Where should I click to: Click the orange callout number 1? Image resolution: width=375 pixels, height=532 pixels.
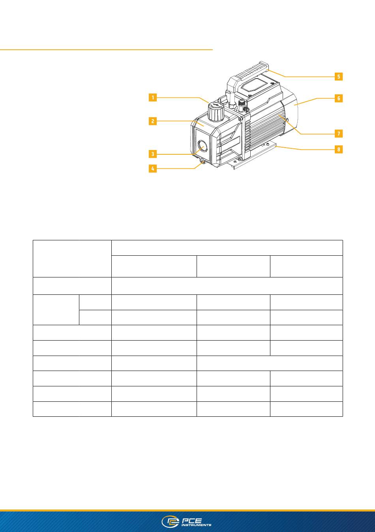(x=153, y=97)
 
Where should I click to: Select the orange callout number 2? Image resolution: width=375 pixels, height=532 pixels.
(x=153, y=121)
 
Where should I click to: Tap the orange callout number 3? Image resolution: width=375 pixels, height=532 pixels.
(x=153, y=154)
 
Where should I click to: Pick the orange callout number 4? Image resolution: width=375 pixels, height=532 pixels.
(x=153, y=169)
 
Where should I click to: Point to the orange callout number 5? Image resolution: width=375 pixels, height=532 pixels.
(x=339, y=77)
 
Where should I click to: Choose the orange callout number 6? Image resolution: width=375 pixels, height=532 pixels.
(x=339, y=98)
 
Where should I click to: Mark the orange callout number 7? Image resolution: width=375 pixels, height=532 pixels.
(x=339, y=133)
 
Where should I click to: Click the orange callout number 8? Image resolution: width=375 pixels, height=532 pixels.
(x=339, y=150)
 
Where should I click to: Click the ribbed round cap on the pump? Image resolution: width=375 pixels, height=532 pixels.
(x=216, y=112)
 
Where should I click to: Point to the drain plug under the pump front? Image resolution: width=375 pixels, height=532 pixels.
(x=202, y=162)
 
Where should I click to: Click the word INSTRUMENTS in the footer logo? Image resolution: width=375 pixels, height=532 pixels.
(x=196, y=525)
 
